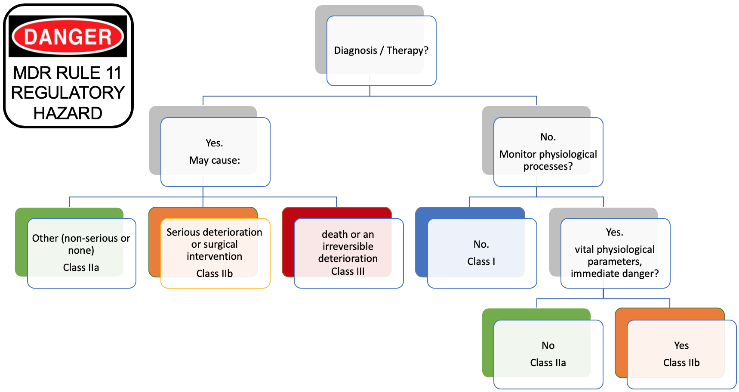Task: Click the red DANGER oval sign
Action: (x=68, y=37)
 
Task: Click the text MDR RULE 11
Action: (x=67, y=73)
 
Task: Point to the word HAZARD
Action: (x=68, y=113)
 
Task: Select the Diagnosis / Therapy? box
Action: (x=381, y=50)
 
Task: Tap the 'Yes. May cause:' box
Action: (x=215, y=152)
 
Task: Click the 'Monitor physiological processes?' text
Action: (x=548, y=160)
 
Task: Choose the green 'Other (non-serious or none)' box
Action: (x=81, y=252)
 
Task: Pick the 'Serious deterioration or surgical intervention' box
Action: (x=215, y=252)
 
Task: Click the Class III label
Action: (x=348, y=271)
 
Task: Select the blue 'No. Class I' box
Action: (x=481, y=252)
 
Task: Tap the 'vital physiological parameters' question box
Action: (x=615, y=252)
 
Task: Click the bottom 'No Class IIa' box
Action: (x=548, y=354)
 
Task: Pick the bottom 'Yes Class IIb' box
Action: (x=681, y=354)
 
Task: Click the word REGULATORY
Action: (x=68, y=93)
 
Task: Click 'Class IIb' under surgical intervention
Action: (x=215, y=274)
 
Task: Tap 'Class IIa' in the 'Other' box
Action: (x=81, y=268)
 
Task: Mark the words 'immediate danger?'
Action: (x=615, y=274)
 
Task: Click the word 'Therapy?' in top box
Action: (x=407, y=50)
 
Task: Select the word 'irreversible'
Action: (x=348, y=246)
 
